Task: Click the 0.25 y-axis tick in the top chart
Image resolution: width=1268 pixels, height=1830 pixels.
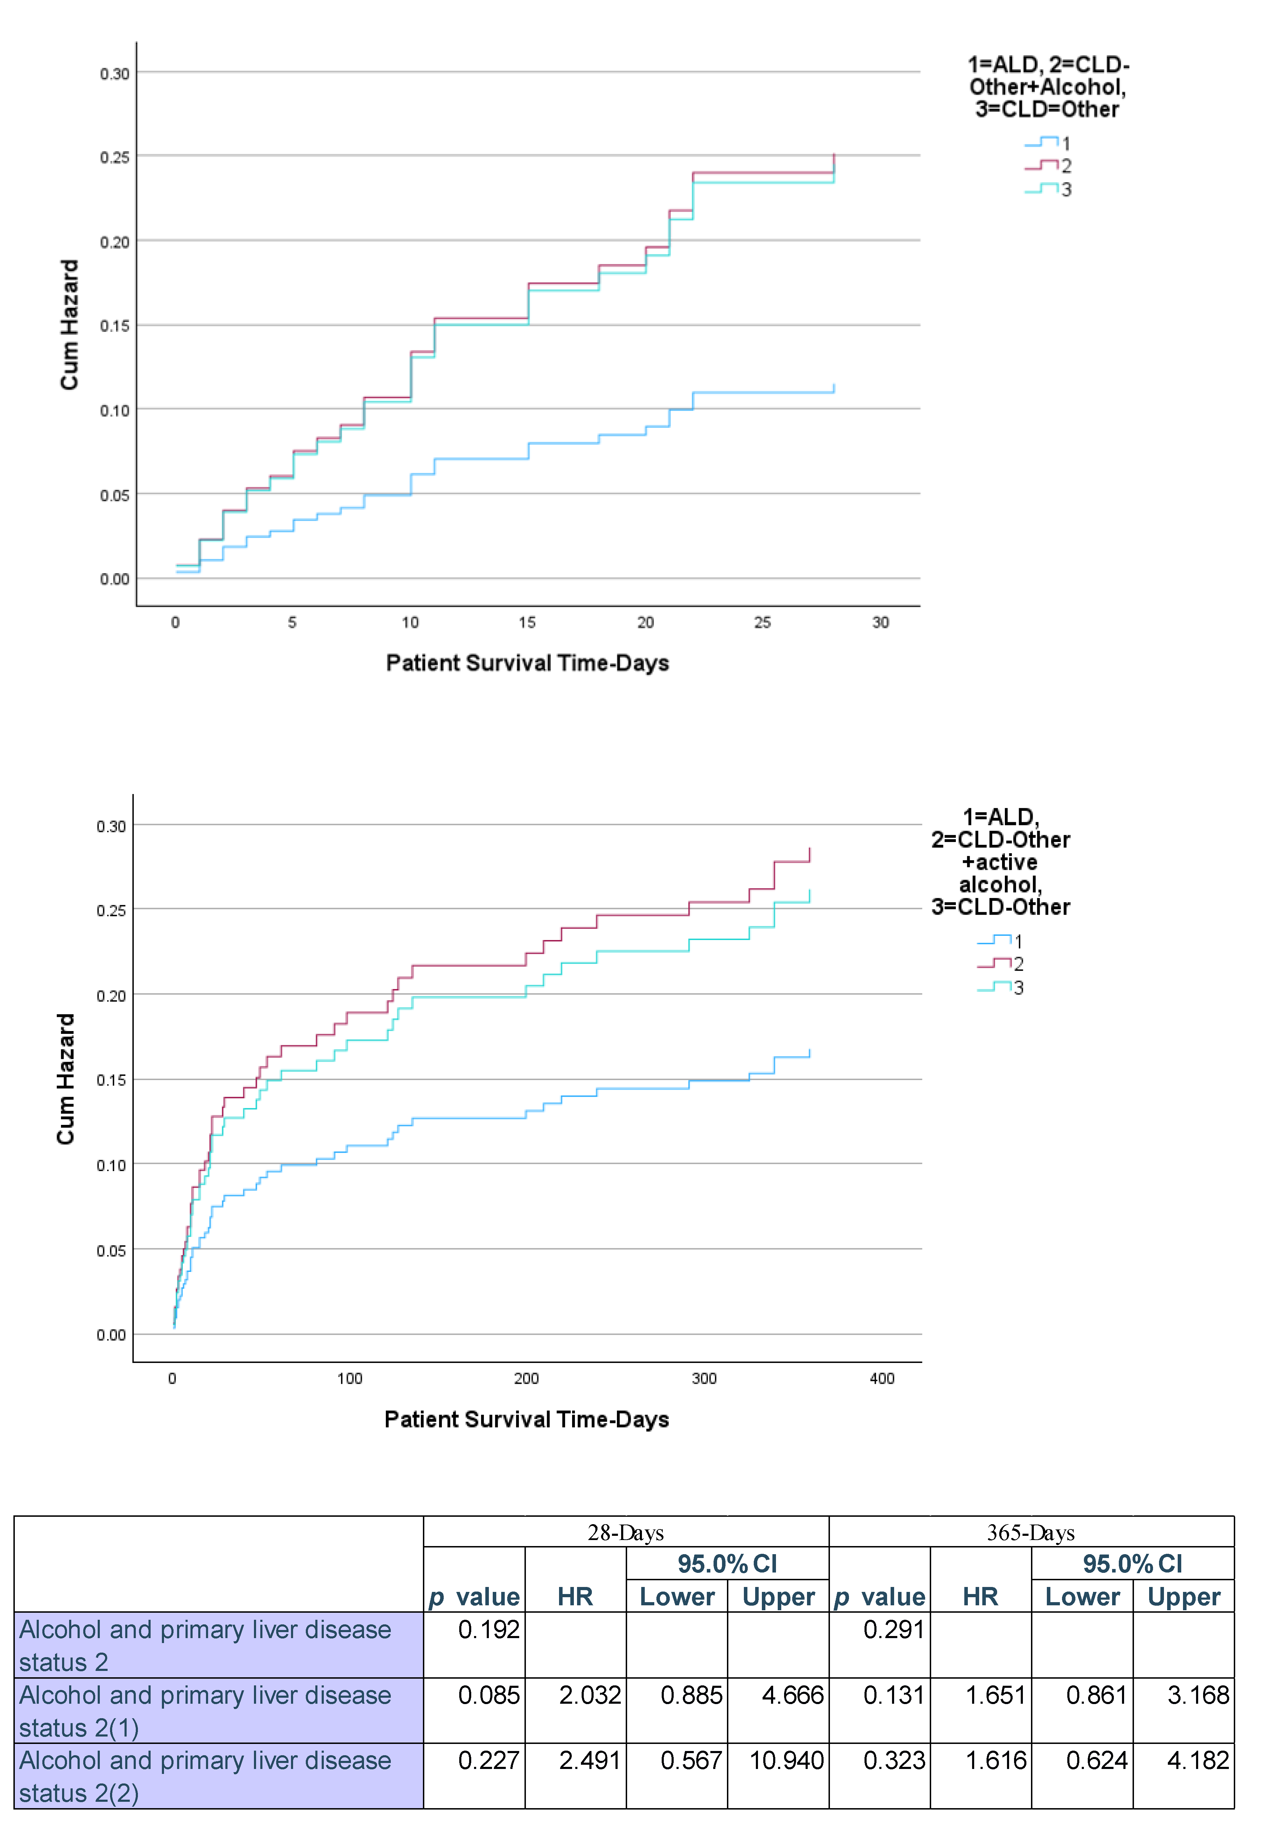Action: (x=114, y=157)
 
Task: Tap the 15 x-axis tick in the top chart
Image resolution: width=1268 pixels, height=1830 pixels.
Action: (x=528, y=623)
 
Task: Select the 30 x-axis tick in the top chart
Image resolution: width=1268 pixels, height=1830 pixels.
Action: (x=880, y=623)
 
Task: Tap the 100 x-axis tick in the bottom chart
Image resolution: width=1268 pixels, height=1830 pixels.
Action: (x=350, y=1378)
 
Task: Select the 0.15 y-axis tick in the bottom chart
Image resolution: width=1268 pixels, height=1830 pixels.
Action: (x=111, y=1080)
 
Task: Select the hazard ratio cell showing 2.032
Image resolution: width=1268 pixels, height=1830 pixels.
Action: (x=589, y=1695)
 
